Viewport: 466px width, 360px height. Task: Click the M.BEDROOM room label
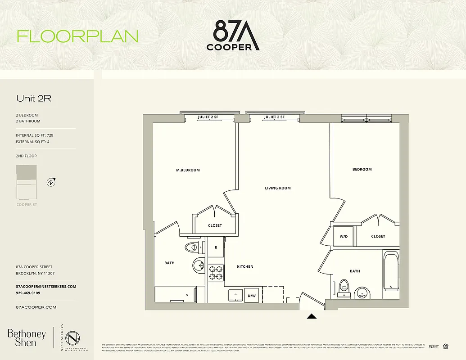pos(188,170)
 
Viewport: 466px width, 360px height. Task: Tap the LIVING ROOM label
pos(278,188)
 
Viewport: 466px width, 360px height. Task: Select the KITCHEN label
pos(245,267)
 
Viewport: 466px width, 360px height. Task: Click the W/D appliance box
pos(343,236)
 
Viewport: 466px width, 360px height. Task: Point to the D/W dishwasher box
pos(252,296)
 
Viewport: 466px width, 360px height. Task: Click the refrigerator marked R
pos(216,247)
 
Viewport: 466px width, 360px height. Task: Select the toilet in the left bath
pos(194,247)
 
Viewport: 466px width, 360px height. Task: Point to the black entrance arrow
pos(312,316)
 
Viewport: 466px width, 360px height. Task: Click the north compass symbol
pos(51,182)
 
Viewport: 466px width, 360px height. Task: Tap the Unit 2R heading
pos(33,99)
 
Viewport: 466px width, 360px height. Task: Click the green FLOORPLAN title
pos(77,36)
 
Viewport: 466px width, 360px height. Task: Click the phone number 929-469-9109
pos(28,293)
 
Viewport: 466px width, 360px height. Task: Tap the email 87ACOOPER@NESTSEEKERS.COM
pos(46,287)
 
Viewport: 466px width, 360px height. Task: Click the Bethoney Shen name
pos(27,337)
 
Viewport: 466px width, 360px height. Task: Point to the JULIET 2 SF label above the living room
pos(274,117)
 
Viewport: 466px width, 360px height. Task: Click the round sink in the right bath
pos(362,294)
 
